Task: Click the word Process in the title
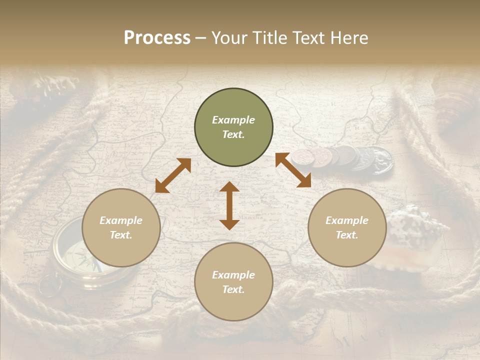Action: pyautogui.click(x=157, y=37)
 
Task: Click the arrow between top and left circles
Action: pyautogui.click(x=173, y=175)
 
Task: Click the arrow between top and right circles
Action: pyautogui.click(x=293, y=170)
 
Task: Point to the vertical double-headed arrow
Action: pyautogui.click(x=229, y=205)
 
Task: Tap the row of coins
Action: pyautogui.click(x=345, y=158)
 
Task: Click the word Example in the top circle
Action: pyautogui.click(x=233, y=120)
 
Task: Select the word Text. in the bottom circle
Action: pyautogui.click(x=233, y=289)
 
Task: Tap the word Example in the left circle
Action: pyautogui.click(x=121, y=220)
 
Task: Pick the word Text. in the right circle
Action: pyautogui.click(x=347, y=235)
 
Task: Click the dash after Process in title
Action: pyautogui.click(x=201, y=38)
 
